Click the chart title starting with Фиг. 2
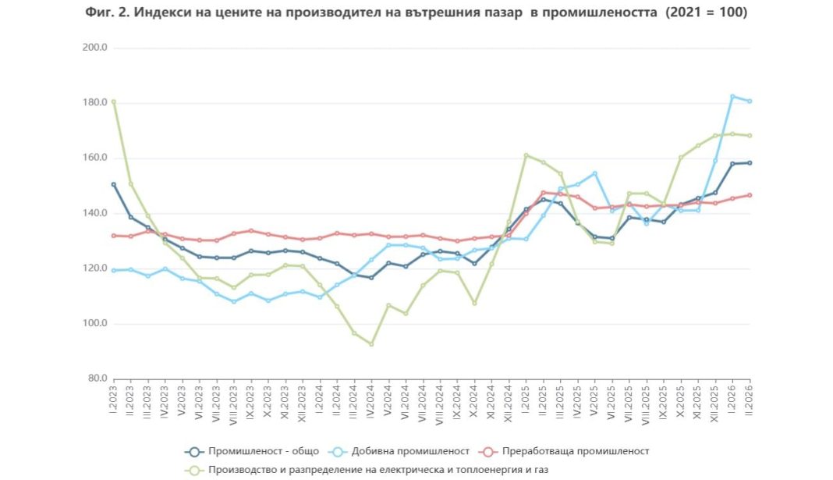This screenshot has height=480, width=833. (x=416, y=13)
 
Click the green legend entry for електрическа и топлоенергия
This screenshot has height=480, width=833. (x=370, y=470)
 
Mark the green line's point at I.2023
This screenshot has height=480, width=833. (x=114, y=101)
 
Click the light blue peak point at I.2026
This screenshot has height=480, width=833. (x=732, y=96)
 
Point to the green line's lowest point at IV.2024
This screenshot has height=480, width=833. (x=371, y=344)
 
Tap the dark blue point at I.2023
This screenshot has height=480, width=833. (x=114, y=185)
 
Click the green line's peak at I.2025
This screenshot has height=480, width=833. (x=526, y=155)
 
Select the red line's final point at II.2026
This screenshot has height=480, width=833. (x=750, y=195)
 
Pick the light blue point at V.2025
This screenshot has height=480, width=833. (x=595, y=173)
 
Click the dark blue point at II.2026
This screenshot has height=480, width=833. (x=750, y=163)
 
